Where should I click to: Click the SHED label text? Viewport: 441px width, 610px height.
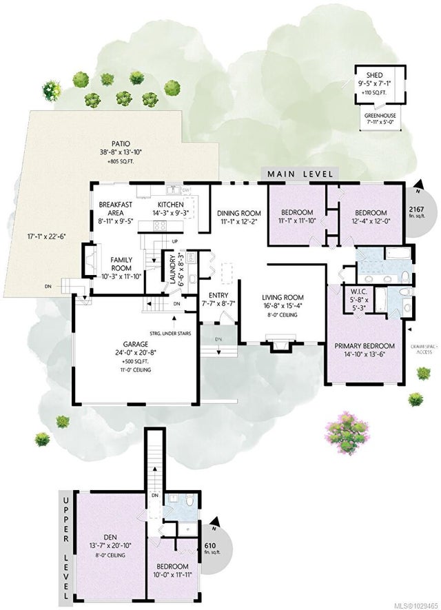point(374,77)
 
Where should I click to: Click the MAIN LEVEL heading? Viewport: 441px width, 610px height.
point(300,174)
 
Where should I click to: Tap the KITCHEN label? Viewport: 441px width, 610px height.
point(170,205)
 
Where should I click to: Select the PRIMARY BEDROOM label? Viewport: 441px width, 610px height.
point(365,345)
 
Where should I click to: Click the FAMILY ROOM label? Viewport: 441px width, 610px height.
point(121,264)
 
